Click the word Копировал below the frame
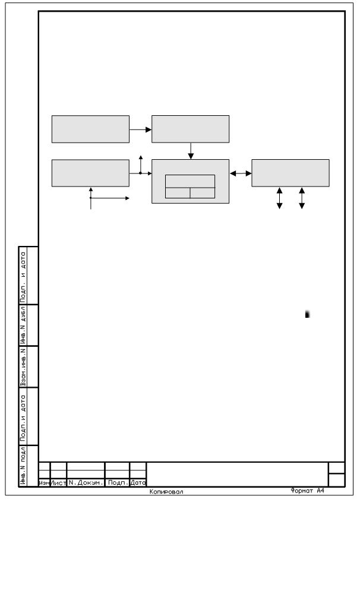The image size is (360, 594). click(x=166, y=492)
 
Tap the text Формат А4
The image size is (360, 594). click(x=307, y=491)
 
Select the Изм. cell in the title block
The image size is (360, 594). click(x=45, y=483)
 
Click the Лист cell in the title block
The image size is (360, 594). click(x=58, y=483)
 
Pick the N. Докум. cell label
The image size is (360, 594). click(x=86, y=483)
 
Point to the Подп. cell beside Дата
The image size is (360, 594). click(x=118, y=483)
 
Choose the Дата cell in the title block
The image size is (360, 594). click(x=138, y=483)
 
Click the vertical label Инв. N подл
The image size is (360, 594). click(x=24, y=466)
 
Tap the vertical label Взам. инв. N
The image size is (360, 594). click(x=24, y=367)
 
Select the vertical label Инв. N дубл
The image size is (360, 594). click(x=24, y=326)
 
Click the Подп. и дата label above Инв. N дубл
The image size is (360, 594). click(x=24, y=276)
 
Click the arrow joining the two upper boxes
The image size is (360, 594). click(x=141, y=129)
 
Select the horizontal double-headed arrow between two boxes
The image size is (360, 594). click(x=241, y=173)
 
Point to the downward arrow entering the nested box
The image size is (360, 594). click(x=191, y=151)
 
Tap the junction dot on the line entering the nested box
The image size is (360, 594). click(x=140, y=173)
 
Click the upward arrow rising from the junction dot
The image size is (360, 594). click(x=141, y=164)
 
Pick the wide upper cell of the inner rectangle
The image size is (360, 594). click(x=190, y=181)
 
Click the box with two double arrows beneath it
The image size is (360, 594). click(x=290, y=173)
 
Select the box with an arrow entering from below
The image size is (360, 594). click(x=90, y=173)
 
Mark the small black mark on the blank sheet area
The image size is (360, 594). click(x=307, y=314)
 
